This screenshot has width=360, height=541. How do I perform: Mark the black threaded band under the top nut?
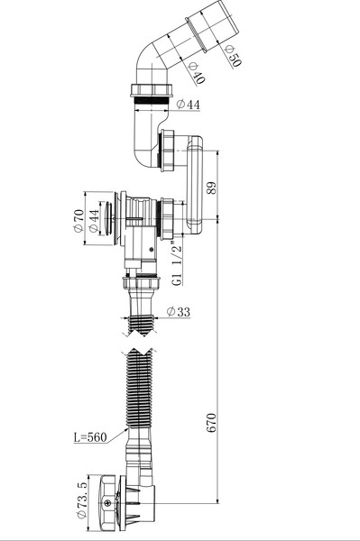tap(150, 104)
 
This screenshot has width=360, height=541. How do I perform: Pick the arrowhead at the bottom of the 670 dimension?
tap(217, 498)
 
